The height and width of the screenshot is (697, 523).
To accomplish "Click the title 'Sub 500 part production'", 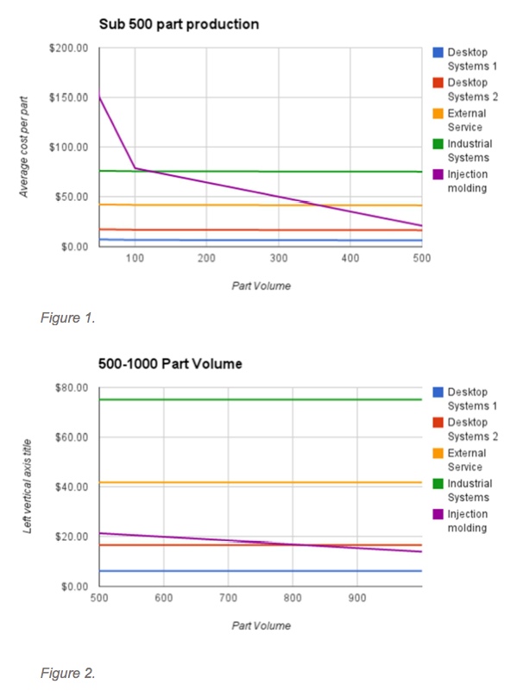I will tap(179, 24).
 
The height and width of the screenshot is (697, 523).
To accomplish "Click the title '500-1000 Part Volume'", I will tap(170, 364).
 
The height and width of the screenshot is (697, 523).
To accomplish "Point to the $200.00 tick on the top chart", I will tap(70, 47).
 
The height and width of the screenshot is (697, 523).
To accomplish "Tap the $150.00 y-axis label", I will tap(70, 97).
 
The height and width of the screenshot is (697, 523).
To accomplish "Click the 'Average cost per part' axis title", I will tap(25, 148).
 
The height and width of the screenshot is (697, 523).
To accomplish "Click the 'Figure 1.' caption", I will tap(66, 317).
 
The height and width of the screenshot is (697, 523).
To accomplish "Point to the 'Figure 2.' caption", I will tap(66, 674).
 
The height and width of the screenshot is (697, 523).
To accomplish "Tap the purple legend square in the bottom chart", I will tap(438, 515).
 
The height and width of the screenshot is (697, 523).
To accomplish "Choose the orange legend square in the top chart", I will tap(438, 114).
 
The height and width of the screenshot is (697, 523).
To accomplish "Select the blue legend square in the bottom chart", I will tap(438, 392).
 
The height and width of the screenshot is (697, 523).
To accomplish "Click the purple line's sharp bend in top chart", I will tap(135, 167).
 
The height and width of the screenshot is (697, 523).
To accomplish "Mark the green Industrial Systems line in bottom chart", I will tap(259, 399).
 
